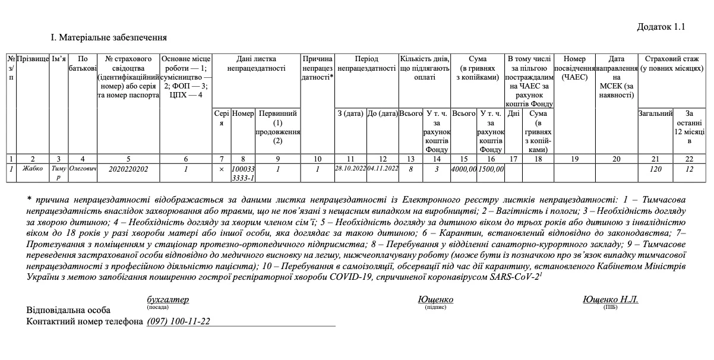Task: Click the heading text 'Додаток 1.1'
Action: [661, 27]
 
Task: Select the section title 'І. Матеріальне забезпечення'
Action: [109, 38]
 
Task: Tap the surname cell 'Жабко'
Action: [33, 169]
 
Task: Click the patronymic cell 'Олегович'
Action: [83, 169]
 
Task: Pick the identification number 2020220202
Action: [129, 169]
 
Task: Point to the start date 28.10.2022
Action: [350, 169]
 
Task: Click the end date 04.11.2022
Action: [383, 169]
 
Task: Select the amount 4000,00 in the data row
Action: [464, 169]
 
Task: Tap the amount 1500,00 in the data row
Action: [491, 169]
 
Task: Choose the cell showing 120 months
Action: [655, 169]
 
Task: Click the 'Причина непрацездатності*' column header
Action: [318, 68]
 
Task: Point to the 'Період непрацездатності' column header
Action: [367, 64]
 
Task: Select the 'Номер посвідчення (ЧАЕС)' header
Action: [574, 68]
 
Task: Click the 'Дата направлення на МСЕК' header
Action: [616, 77]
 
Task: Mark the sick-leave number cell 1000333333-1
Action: [243, 173]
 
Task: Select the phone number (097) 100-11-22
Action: [178, 321]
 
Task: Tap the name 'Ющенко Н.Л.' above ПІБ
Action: [610, 299]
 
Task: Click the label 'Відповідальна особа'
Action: [68, 310]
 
